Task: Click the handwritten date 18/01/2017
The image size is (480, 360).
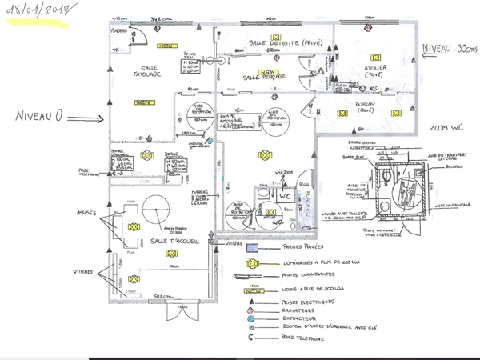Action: (x=37, y=12)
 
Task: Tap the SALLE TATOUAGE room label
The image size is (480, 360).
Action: (x=146, y=72)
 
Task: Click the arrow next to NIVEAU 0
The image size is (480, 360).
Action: (x=86, y=121)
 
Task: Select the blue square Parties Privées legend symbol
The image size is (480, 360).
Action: (x=251, y=246)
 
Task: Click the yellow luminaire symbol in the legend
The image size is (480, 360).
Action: (x=252, y=262)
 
